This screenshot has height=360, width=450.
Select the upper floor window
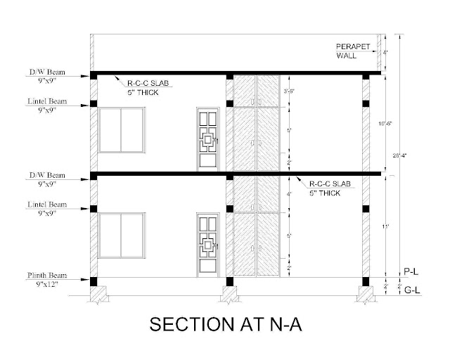tap(122, 130)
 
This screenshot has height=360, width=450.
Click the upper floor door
tap(207, 139)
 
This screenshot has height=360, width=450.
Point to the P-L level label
tap(411, 270)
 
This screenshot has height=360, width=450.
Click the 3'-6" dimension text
tap(288, 91)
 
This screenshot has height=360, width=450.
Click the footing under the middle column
tap(229, 294)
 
